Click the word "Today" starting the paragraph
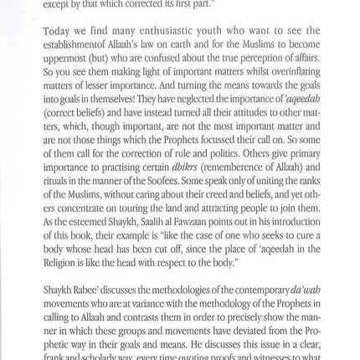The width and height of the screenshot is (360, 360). click(x=58, y=32)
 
